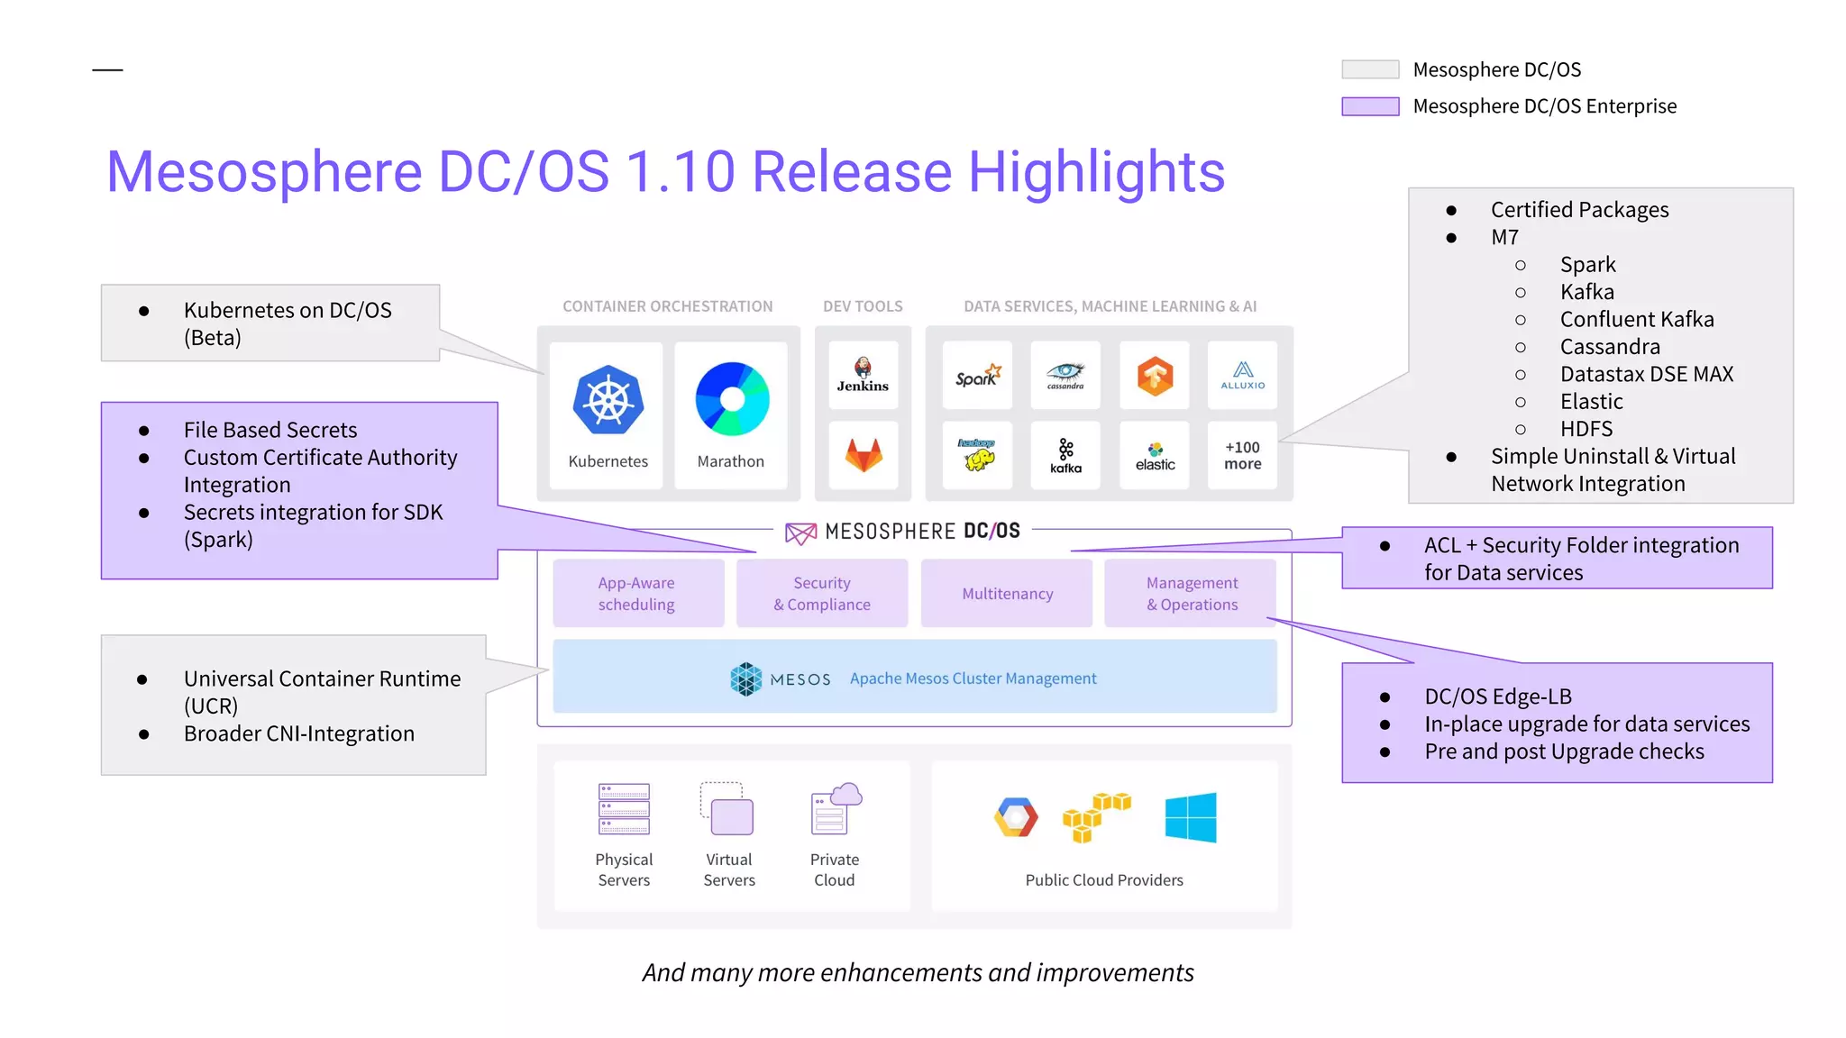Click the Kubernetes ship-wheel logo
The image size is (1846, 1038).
tap(608, 400)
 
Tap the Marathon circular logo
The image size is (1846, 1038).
tap(732, 399)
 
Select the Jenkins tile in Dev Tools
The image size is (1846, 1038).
tap(863, 374)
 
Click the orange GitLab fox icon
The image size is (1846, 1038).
tap(864, 455)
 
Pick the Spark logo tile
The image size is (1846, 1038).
tap(978, 375)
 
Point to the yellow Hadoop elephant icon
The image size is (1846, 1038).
tap(978, 456)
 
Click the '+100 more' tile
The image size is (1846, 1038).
tap(1242, 456)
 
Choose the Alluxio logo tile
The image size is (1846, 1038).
tap(1242, 375)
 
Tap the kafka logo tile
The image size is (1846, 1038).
tap(1065, 456)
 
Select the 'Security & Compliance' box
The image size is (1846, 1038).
tap(821, 594)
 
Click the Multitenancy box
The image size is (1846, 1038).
tap(1007, 594)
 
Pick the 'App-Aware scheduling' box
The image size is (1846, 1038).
tap(637, 594)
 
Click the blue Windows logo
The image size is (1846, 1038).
tap(1190, 817)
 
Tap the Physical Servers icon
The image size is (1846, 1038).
tap(624, 808)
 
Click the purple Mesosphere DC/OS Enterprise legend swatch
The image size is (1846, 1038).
tap(1370, 106)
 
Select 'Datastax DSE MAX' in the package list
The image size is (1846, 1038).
tap(1646, 374)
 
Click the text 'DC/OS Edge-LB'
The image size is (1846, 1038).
tap(1497, 697)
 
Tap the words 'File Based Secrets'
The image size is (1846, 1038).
tap(270, 430)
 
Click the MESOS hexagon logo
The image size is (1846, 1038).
tap(746, 678)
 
